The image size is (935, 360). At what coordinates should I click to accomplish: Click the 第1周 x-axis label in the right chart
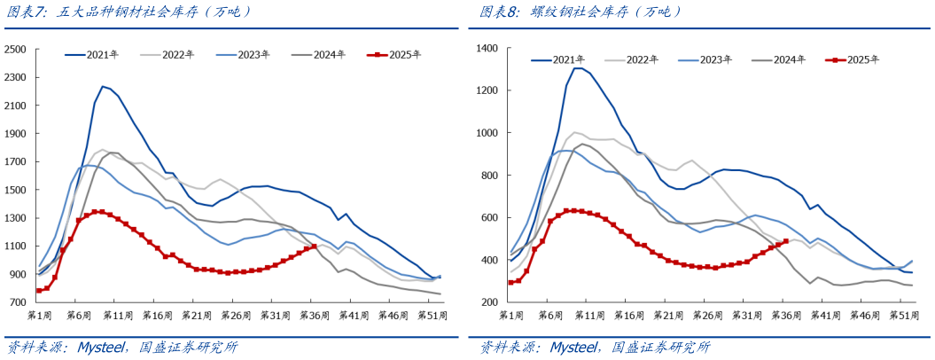click(512, 315)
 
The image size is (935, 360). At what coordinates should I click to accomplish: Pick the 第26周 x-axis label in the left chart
click(235, 315)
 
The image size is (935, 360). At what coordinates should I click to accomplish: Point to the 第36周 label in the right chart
click(785, 315)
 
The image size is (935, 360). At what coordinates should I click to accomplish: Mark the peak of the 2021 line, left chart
click(103, 86)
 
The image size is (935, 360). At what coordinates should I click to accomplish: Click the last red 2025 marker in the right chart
click(785, 241)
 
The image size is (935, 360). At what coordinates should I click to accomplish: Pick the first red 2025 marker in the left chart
click(39, 291)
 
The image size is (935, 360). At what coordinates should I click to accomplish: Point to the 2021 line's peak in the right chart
click(577, 68)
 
